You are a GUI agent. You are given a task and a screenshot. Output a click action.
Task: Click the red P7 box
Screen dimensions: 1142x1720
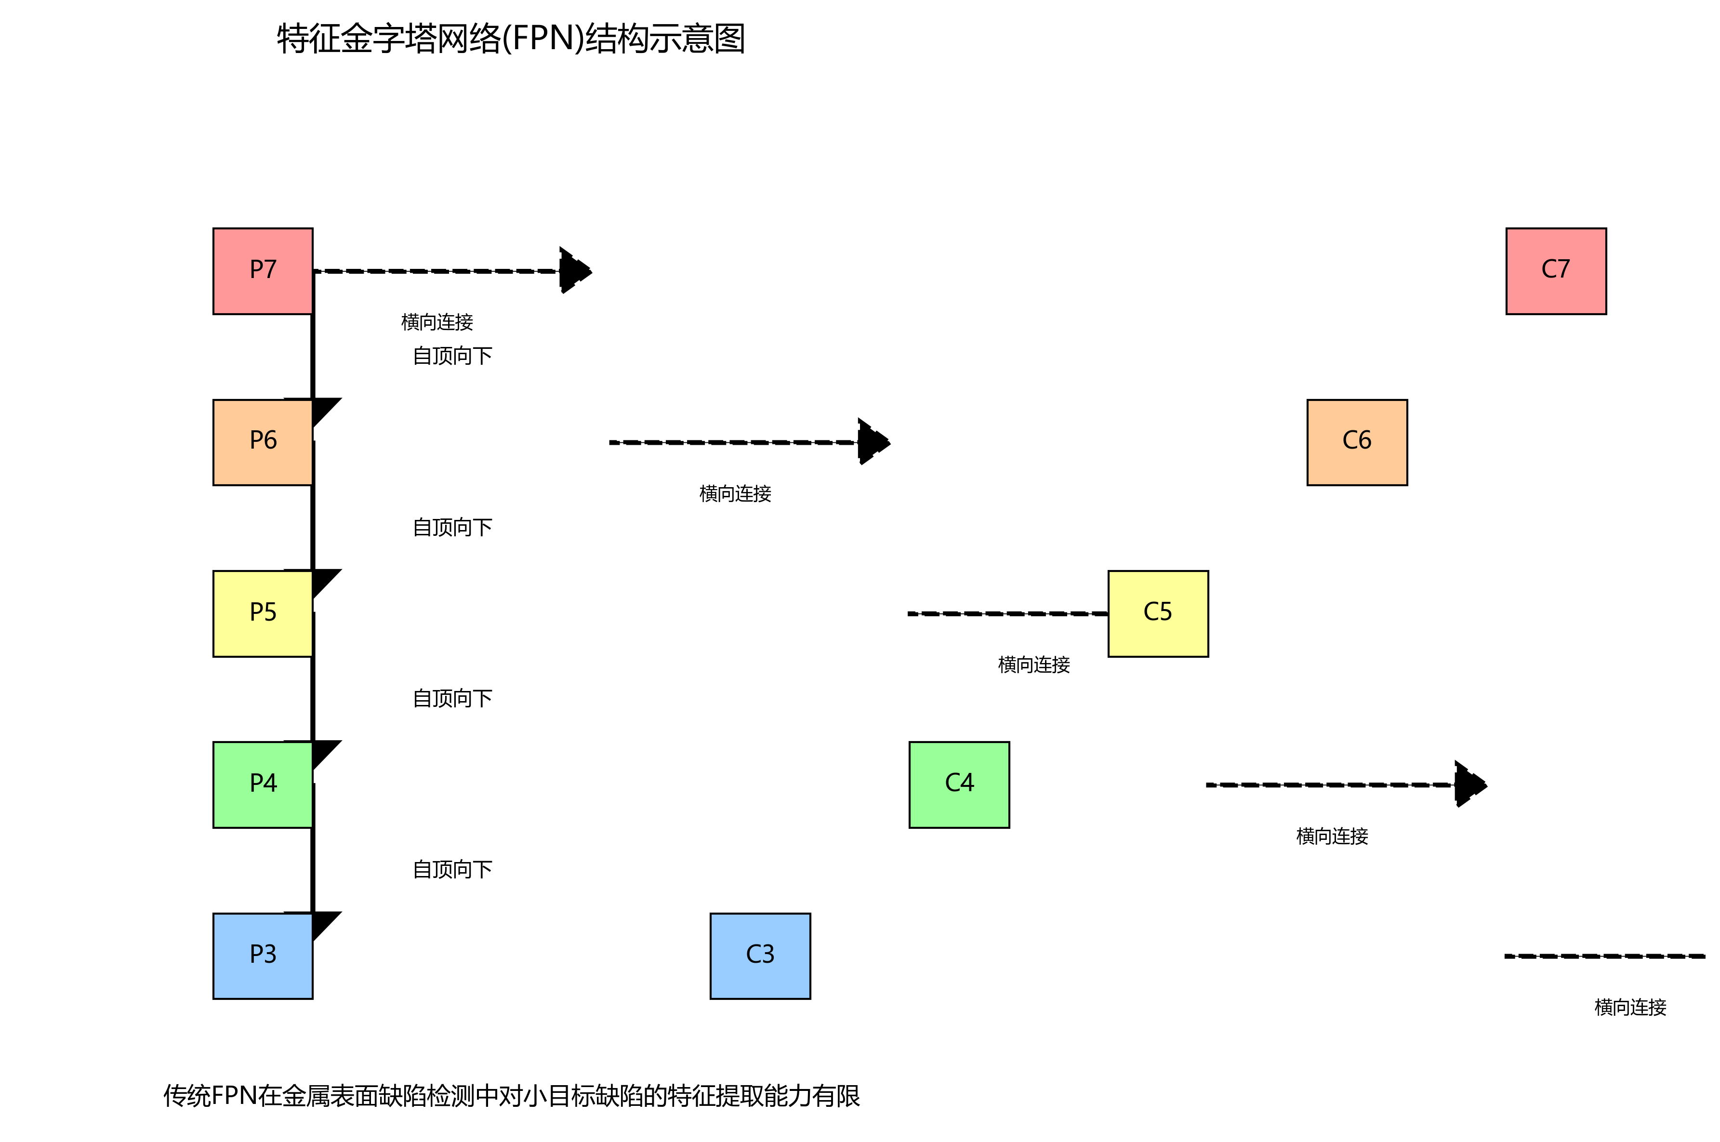tap(263, 271)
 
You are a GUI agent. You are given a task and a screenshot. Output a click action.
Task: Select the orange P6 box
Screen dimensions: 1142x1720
tap(263, 442)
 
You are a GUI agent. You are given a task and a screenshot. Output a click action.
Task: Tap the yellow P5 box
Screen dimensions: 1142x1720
tap(263, 613)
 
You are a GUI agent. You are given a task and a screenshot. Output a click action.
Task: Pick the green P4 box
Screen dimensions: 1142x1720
tap(263, 784)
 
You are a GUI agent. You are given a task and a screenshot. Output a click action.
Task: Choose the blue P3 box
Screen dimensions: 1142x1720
tap(263, 956)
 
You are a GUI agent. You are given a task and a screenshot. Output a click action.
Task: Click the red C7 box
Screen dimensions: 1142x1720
tap(1555, 271)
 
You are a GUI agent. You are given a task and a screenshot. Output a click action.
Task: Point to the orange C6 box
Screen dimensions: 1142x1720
tap(1357, 442)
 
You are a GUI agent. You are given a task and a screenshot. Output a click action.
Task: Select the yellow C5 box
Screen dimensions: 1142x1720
tap(1158, 613)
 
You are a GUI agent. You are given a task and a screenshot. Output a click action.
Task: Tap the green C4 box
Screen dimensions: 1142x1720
tap(959, 784)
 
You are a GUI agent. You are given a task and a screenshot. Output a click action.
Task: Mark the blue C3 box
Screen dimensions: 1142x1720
tap(760, 956)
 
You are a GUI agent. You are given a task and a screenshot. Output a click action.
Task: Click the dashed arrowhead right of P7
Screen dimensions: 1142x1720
tap(575, 271)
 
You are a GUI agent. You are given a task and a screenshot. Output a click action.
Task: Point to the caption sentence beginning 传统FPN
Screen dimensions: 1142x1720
tap(511, 1095)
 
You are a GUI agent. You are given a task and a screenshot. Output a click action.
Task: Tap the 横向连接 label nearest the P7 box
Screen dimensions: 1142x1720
tap(437, 322)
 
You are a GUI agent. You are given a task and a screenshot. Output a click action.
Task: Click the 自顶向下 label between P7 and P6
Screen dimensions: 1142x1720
tap(452, 356)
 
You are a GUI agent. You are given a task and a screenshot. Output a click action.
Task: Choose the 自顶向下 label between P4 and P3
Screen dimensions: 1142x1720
tap(452, 870)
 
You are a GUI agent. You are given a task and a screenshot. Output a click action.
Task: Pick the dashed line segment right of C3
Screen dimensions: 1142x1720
tap(1604, 956)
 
